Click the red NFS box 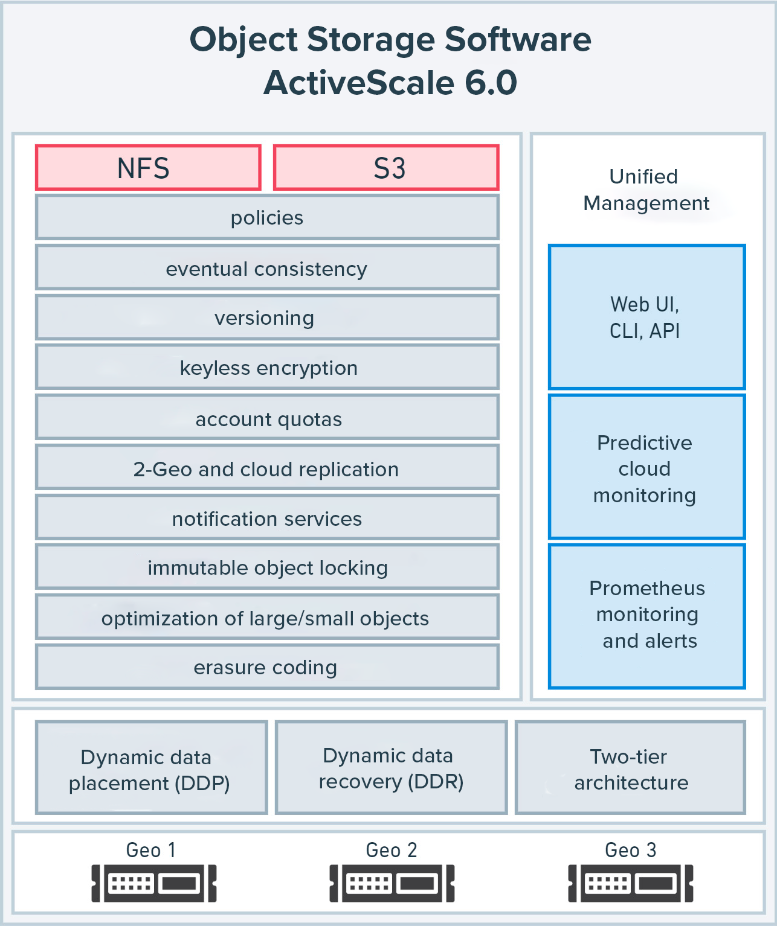coord(148,168)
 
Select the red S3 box coord(386,168)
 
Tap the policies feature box coord(267,217)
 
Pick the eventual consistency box coord(267,268)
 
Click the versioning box coord(267,318)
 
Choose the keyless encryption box coord(267,368)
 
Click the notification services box coord(267,518)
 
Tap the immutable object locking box coord(267,567)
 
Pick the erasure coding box coord(267,667)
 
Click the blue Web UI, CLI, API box coord(646,317)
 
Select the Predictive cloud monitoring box coord(646,467)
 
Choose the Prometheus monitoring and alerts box coord(646,616)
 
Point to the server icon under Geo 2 coord(392,884)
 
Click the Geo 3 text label coord(630,850)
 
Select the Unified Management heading coord(645,190)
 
